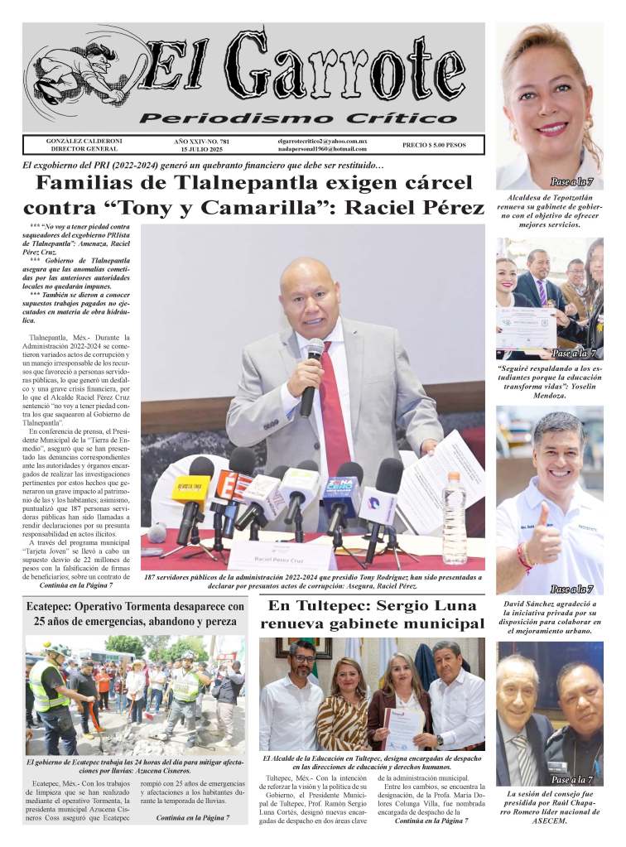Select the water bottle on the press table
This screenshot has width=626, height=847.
(454, 518)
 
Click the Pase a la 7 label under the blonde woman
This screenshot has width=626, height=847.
(572, 181)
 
